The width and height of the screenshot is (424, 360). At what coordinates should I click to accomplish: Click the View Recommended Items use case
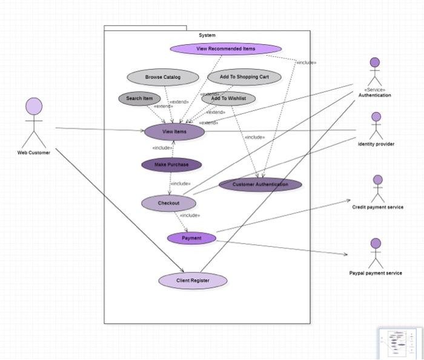pos(225,49)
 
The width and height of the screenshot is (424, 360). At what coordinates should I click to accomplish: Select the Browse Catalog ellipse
pos(162,78)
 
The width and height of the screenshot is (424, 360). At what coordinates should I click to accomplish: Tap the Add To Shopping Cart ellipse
pos(244,78)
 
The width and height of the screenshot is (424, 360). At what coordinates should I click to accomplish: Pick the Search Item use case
pos(139,99)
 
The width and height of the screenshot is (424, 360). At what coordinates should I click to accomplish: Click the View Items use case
pos(174,132)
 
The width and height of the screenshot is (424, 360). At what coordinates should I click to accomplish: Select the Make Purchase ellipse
pos(171,164)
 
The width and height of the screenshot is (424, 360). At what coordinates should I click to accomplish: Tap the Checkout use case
pos(168,203)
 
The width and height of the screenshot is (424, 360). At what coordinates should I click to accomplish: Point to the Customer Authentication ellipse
pos(260,184)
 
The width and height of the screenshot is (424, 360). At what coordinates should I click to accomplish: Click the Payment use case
pos(191,238)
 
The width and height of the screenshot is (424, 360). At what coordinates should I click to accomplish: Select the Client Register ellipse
pos(193,281)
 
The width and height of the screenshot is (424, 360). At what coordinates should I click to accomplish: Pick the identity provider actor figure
pos(376,126)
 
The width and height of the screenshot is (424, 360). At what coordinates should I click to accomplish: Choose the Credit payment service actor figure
pos(378,189)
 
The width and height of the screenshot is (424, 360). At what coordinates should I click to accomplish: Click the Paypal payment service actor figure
pos(376,253)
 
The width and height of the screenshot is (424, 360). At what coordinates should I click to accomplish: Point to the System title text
pos(207,35)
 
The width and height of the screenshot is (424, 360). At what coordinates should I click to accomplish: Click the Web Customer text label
pos(34,153)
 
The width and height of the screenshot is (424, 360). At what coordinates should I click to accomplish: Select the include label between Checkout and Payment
pos(190,215)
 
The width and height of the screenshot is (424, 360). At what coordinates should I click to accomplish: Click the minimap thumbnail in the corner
pos(400,343)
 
